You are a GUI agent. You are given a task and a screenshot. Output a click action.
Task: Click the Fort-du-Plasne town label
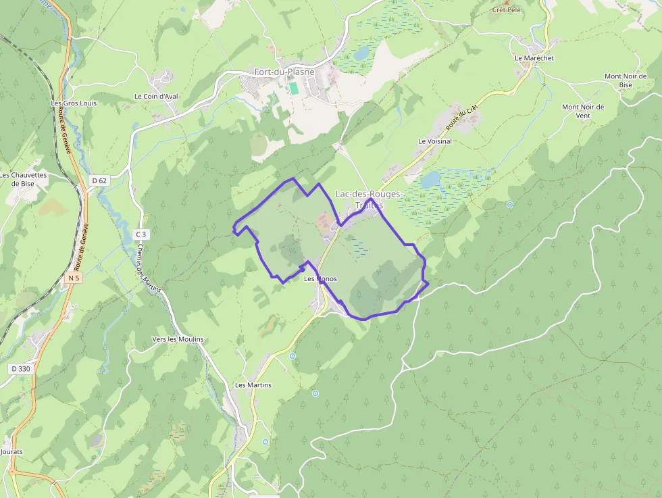click(x=281, y=72)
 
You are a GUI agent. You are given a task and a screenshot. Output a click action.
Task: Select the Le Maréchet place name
click(x=534, y=58)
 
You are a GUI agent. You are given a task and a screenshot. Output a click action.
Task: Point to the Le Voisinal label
click(x=434, y=141)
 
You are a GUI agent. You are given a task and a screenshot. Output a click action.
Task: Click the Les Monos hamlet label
click(x=320, y=278)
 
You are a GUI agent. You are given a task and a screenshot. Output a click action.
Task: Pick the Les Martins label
click(x=253, y=384)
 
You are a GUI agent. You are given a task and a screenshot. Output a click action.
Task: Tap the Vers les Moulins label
click(x=178, y=339)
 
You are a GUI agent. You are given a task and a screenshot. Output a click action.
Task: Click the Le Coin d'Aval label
click(x=156, y=96)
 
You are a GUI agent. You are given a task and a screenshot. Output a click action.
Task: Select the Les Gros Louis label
click(x=74, y=103)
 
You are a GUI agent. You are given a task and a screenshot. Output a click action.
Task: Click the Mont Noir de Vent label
click(x=583, y=111)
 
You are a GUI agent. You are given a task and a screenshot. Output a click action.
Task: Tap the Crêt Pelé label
click(x=507, y=10)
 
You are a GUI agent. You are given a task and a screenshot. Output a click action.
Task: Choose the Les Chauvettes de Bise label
click(x=24, y=178)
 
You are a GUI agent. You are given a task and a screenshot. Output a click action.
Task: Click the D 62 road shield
click(x=99, y=180)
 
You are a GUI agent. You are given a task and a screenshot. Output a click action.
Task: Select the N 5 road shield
click(x=74, y=278)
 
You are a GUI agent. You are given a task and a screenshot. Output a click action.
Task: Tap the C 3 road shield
click(x=141, y=234)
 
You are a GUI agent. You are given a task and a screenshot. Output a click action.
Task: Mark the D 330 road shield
click(x=20, y=368)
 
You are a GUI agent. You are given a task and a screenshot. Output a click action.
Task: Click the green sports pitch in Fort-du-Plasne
click(x=293, y=89)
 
